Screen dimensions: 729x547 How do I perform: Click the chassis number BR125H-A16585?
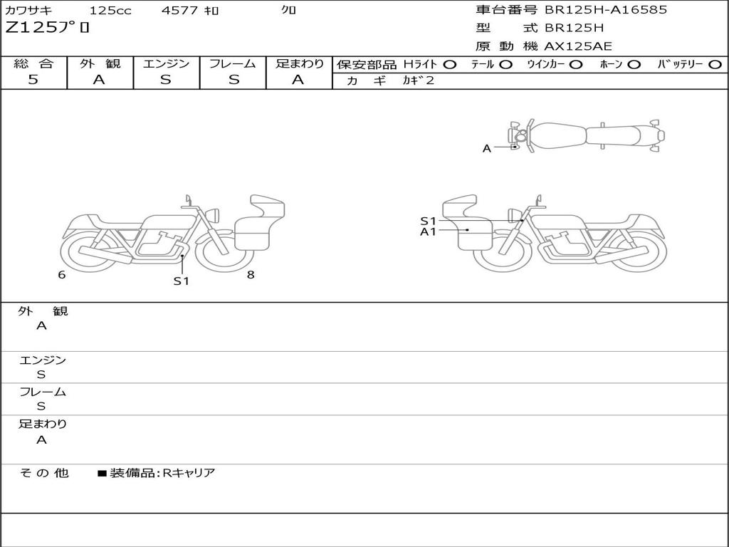point(606,10)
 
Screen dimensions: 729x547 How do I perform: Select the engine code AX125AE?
point(578,46)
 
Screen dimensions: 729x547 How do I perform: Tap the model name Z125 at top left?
point(31,28)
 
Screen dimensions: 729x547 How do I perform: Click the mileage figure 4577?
point(179,10)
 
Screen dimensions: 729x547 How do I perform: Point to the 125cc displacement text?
point(110,10)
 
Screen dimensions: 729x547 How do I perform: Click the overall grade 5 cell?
point(33,80)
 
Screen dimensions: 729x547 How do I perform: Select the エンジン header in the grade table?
point(166,63)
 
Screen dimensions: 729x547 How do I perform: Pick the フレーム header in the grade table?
point(233,63)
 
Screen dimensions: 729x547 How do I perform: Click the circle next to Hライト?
point(449,65)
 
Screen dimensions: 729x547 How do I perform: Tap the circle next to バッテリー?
point(715,65)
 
